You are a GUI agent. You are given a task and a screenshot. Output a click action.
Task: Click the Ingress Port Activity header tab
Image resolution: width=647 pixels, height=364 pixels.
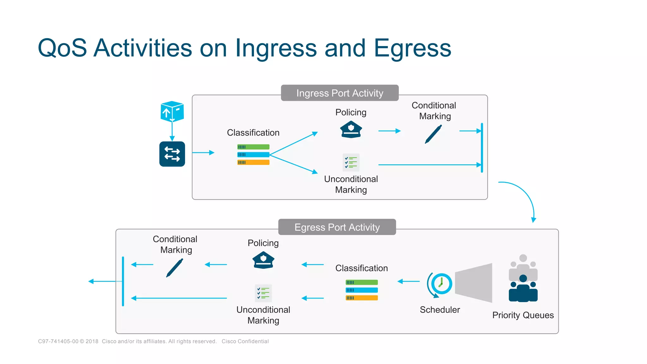[340, 93]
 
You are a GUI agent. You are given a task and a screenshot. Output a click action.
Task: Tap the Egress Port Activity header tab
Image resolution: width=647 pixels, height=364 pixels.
[337, 227]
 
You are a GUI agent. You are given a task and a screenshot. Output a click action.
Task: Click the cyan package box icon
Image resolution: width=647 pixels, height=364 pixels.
[172, 111]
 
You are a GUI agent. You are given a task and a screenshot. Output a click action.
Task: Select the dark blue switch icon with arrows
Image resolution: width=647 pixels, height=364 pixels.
[172, 154]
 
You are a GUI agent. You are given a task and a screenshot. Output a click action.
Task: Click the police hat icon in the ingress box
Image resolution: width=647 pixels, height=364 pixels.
[351, 129]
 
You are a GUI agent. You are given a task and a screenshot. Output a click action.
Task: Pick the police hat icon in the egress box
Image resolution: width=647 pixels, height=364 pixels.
[263, 260]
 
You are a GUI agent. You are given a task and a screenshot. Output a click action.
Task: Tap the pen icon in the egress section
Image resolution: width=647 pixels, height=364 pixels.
[175, 268]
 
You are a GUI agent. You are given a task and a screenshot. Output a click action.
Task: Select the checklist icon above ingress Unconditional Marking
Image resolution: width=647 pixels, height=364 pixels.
[351, 162]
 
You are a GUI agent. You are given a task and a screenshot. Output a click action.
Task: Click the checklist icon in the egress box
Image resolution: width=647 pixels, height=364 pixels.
[263, 293]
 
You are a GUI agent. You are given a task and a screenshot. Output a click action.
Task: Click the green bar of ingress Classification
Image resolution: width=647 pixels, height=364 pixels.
[253, 147]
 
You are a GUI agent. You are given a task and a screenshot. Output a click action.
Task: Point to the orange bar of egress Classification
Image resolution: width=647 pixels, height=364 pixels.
[362, 298]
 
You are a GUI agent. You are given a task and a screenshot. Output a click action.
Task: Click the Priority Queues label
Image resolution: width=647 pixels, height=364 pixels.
[523, 315]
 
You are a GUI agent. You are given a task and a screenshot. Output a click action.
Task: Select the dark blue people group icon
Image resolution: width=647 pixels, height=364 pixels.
[523, 289]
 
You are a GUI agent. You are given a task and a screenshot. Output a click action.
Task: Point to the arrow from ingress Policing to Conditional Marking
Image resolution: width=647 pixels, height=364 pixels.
[389, 131]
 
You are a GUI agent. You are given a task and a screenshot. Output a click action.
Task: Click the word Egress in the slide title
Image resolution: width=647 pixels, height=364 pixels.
[413, 48]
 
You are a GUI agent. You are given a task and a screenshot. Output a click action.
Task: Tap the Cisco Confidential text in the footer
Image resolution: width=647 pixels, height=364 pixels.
[245, 341]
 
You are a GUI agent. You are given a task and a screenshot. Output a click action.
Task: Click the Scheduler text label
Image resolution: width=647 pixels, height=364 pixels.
[440, 310]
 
